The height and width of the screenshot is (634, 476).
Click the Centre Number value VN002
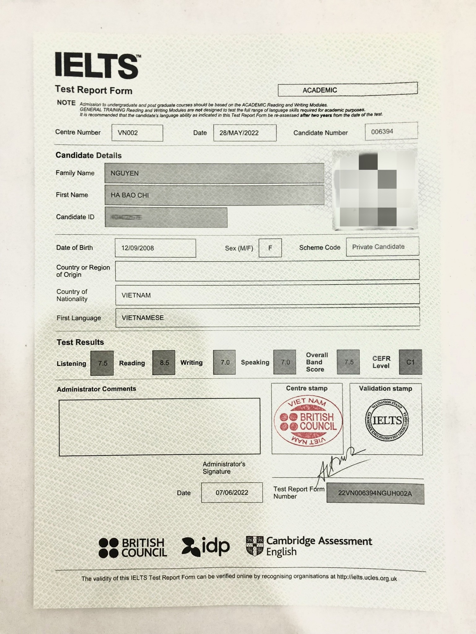[137, 133]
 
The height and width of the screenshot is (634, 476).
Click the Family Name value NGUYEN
[125, 173]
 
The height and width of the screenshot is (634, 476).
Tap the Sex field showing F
[270, 248]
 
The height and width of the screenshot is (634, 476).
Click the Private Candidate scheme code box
[382, 247]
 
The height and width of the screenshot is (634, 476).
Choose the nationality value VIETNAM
[136, 295]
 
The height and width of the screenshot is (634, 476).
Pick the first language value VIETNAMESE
[143, 318]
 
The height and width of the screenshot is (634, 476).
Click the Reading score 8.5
[164, 363]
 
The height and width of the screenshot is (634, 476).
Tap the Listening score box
[102, 363]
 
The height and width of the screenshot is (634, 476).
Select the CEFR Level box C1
[410, 362]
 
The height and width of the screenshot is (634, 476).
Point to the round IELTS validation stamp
[387, 420]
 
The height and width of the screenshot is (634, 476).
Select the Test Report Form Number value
[375, 493]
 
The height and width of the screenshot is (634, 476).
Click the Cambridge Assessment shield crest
[254, 546]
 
